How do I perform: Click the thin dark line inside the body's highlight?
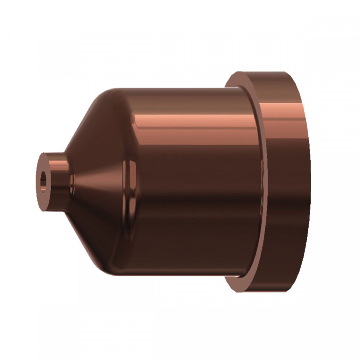(192, 129)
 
